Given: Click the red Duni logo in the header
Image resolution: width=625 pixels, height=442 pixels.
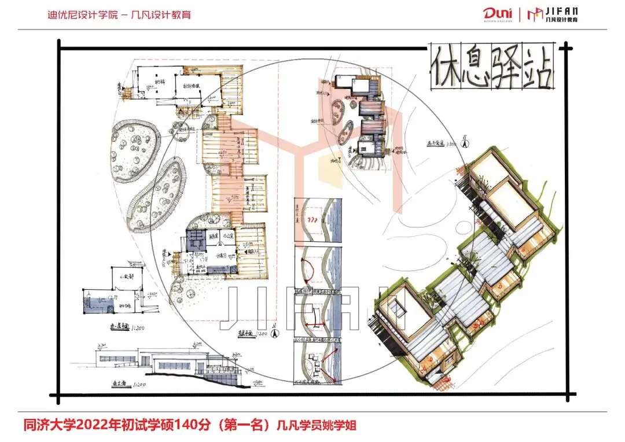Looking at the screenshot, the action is pos(496,14).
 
